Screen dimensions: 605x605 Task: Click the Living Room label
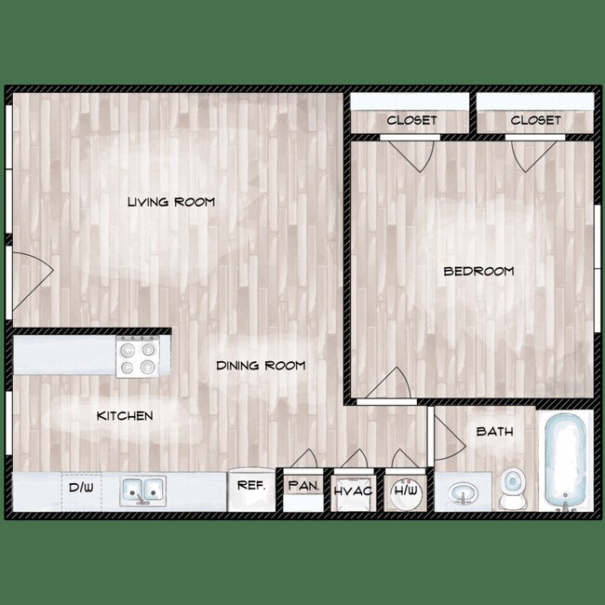point(171,202)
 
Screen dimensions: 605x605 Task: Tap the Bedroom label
point(478,272)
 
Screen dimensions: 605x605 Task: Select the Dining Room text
point(261,366)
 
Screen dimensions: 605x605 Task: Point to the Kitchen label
point(125,416)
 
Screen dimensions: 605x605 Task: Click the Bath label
point(494,432)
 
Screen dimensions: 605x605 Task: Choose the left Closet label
point(411,120)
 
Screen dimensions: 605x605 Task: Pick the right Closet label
point(535,120)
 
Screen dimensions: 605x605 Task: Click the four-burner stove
point(137,356)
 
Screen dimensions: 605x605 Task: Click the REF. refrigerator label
point(251,486)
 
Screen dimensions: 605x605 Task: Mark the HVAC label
point(353,491)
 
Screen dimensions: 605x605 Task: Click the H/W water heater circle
point(406,491)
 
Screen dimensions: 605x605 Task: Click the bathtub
point(564,462)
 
